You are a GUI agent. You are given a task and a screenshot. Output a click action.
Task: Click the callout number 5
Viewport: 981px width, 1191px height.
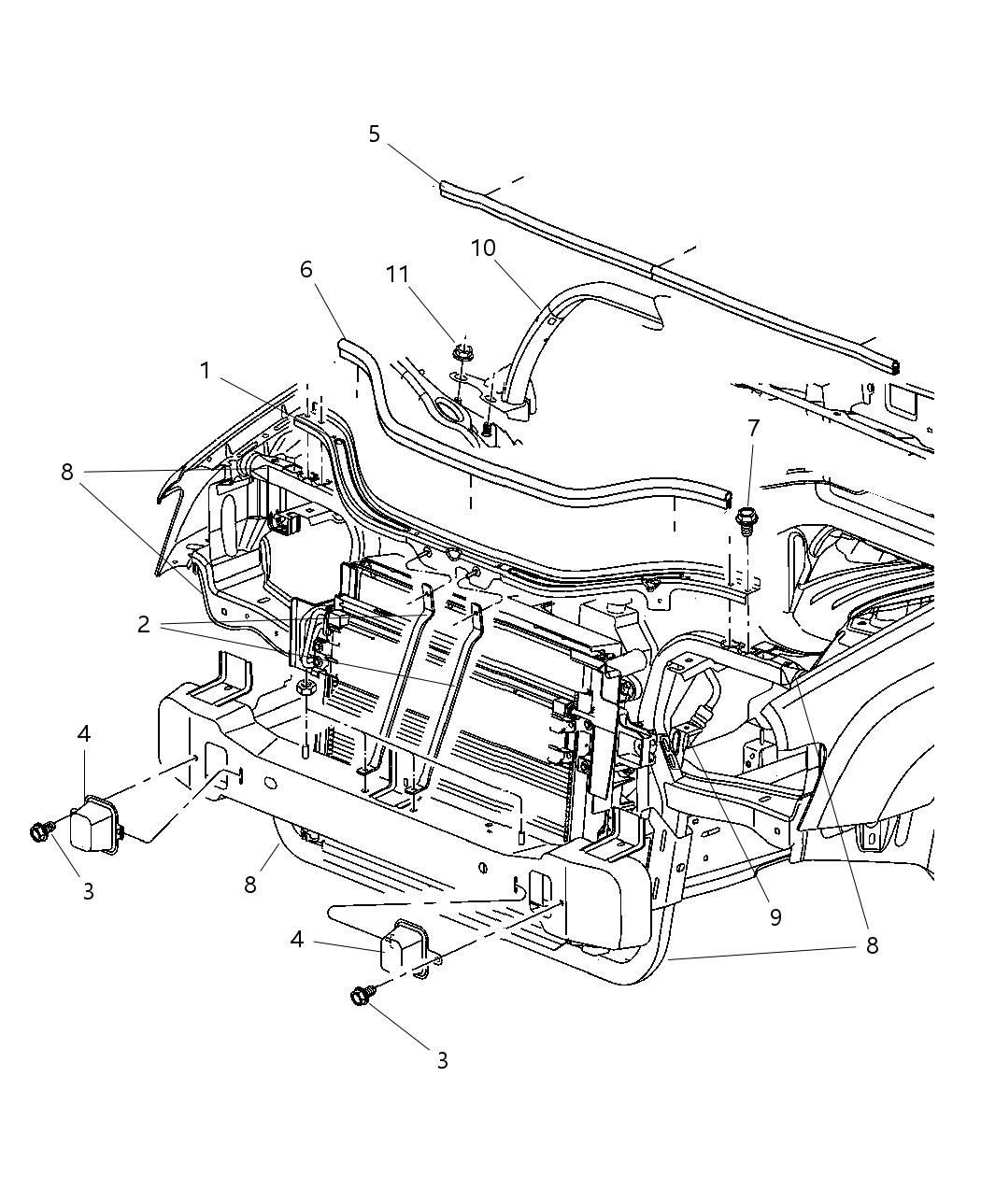click(x=374, y=134)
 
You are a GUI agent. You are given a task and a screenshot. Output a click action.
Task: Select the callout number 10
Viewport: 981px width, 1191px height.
click(x=483, y=248)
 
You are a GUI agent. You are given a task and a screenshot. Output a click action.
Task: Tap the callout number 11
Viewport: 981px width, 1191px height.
click(x=398, y=274)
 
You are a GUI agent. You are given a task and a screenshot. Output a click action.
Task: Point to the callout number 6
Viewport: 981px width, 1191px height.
click(x=306, y=269)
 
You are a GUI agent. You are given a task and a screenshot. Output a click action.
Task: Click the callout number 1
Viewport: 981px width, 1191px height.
click(x=206, y=371)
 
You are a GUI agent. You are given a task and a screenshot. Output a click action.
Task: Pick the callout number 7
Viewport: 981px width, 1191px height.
click(x=753, y=428)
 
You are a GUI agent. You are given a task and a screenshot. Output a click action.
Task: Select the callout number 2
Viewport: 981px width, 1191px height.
click(x=143, y=625)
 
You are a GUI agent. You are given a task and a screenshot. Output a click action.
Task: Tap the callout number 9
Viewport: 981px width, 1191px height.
click(x=775, y=917)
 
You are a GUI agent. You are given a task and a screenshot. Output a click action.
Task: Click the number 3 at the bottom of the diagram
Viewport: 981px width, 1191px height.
click(x=442, y=1060)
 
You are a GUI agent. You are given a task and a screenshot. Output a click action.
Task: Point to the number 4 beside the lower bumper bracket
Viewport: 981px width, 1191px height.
click(x=297, y=939)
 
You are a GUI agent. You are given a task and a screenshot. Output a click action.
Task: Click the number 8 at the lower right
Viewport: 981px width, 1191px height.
click(x=872, y=945)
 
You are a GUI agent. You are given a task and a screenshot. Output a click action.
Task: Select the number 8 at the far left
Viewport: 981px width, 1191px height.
click(x=67, y=472)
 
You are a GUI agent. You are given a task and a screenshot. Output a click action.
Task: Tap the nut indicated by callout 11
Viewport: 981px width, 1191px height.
click(x=462, y=354)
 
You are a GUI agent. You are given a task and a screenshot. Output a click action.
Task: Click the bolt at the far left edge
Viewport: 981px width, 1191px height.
click(x=40, y=830)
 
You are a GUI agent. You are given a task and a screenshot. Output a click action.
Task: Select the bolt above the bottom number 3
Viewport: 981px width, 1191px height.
click(x=361, y=998)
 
